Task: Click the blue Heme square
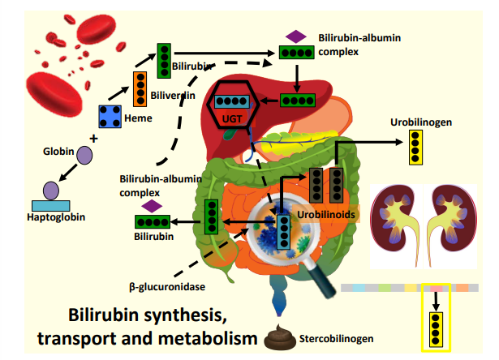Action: [x=110, y=117]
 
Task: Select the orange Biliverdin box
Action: [x=140, y=89]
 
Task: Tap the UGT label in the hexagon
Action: [x=232, y=119]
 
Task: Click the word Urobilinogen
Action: [x=421, y=122]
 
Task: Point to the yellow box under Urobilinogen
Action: [x=415, y=148]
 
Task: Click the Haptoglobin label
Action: [x=56, y=217]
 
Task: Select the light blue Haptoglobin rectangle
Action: [x=51, y=206]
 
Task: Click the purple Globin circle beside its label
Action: [x=84, y=155]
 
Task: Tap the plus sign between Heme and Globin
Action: [x=93, y=139]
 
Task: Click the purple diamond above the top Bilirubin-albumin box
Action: [x=296, y=36]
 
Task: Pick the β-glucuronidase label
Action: [x=167, y=287]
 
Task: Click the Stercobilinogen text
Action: [x=337, y=339]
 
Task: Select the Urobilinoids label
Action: [x=326, y=215]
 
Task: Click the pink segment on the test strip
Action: [x=437, y=288]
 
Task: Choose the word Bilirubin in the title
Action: [x=103, y=315]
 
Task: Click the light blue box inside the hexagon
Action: [x=232, y=101]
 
